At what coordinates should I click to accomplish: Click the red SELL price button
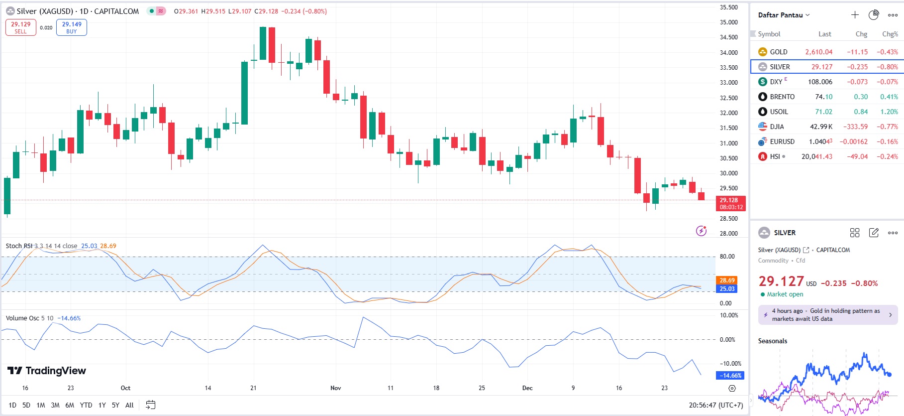(21, 27)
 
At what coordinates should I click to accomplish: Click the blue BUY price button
(72, 27)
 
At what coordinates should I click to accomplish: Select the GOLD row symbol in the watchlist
(778, 52)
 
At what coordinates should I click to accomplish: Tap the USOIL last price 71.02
(823, 112)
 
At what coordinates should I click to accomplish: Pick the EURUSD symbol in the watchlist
(782, 141)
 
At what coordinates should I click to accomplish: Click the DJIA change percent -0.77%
(887, 127)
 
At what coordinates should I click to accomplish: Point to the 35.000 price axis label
(729, 22)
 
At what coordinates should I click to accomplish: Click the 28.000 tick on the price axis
(729, 233)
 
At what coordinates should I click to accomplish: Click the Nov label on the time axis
(336, 388)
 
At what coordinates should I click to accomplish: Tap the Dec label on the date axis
(527, 388)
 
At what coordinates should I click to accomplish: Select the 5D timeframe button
(26, 405)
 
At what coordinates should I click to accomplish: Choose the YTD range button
(86, 405)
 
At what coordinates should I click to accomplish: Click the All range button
(129, 405)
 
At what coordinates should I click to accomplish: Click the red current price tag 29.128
(730, 203)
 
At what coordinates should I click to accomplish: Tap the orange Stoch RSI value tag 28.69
(727, 280)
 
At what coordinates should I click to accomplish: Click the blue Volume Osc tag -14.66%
(730, 376)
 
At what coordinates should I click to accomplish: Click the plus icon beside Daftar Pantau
(855, 15)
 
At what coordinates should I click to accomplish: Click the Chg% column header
(890, 34)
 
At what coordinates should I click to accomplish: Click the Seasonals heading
(773, 341)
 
